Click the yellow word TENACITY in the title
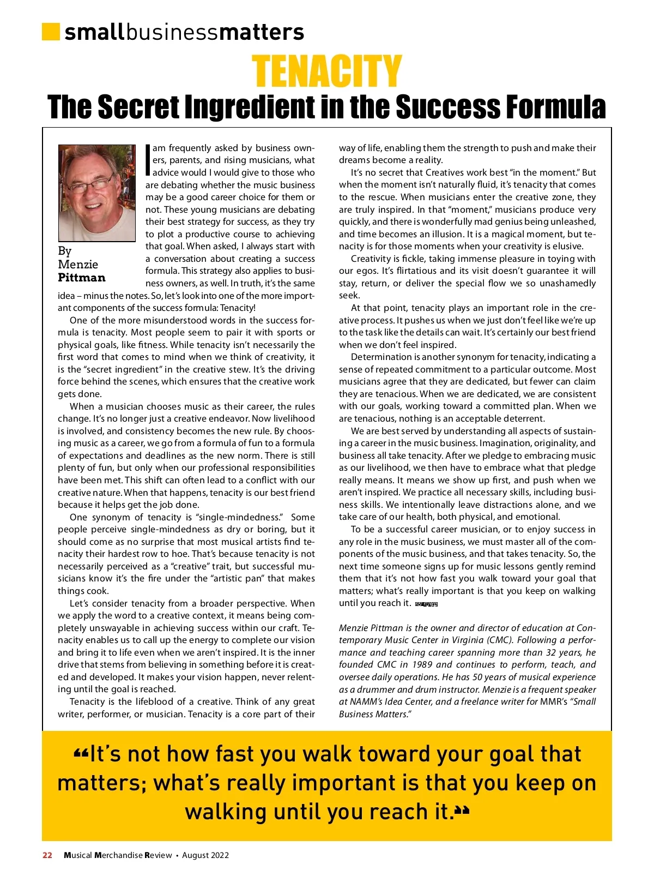point(326,71)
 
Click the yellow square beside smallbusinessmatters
point(51,31)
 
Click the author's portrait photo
point(97,193)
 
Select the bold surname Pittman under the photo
point(82,278)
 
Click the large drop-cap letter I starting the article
point(148,160)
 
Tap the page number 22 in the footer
point(47,855)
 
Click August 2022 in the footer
point(205,855)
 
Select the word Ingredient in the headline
point(251,107)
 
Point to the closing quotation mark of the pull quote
point(462,812)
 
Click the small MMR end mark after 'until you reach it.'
point(426,604)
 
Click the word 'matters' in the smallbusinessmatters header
point(262,32)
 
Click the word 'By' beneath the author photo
point(64,251)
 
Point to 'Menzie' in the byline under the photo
point(78,265)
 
